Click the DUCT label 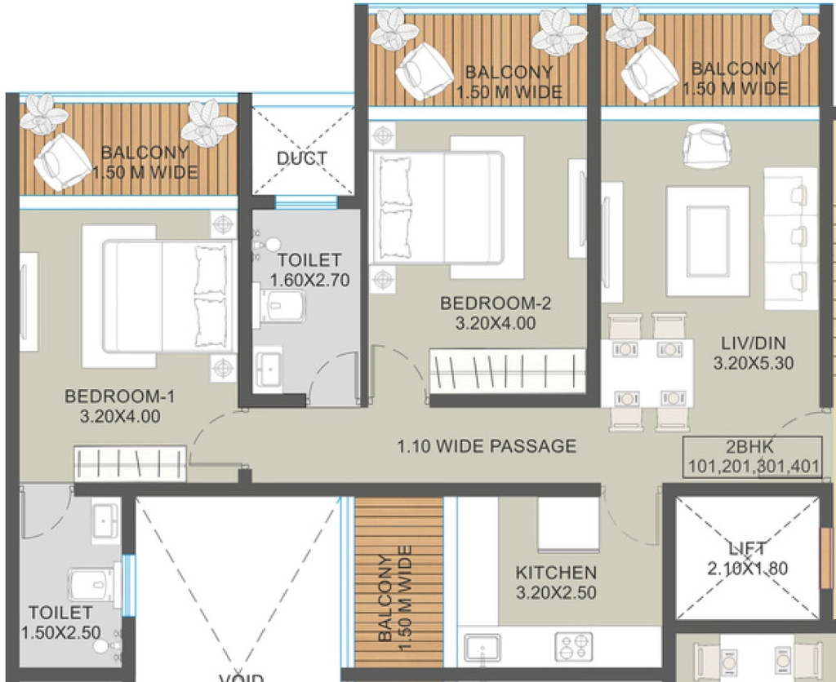click(301, 158)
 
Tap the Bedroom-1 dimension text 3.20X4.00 click(120, 416)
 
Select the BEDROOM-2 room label click(496, 303)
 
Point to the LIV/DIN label click(754, 343)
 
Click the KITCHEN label click(556, 573)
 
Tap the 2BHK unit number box click(752, 457)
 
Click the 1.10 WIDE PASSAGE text click(487, 446)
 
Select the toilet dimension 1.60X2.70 click(309, 280)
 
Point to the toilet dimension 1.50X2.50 click(60, 632)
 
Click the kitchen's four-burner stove click(574, 646)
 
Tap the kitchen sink click(482, 647)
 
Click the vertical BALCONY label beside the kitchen click(395, 598)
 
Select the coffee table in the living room click(708, 241)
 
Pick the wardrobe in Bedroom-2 click(508, 371)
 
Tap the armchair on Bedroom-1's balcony click(62, 162)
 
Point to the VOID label click(242, 678)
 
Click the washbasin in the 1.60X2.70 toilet click(270, 368)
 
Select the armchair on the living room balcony click(649, 73)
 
